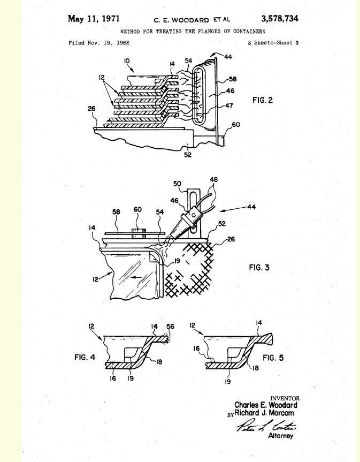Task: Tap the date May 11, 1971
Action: pyautogui.click(x=93, y=19)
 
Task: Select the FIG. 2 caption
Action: pyautogui.click(x=263, y=100)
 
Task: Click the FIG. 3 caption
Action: pyautogui.click(x=259, y=267)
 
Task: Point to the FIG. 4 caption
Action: pyautogui.click(x=85, y=357)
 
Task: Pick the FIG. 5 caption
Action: pyautogui.click(x=273, y=358)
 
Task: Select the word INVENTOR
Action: pyautogui.click(x=285, y=398)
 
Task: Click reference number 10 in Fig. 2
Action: pyautogui.click(x=127, y=61)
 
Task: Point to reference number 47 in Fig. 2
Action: pyautogui.click(x=229, y=106)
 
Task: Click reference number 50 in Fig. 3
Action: pyautogui.click(x=178, y=184)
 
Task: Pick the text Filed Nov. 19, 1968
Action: pyautogui.click(x=99, y=43)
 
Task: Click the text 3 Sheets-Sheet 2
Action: pyautogui.click(x=273, y=43)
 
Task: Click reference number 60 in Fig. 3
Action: pyautogui.click(x=137, y=209)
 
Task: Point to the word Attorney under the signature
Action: pyautogui.click(x=281, y=436)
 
